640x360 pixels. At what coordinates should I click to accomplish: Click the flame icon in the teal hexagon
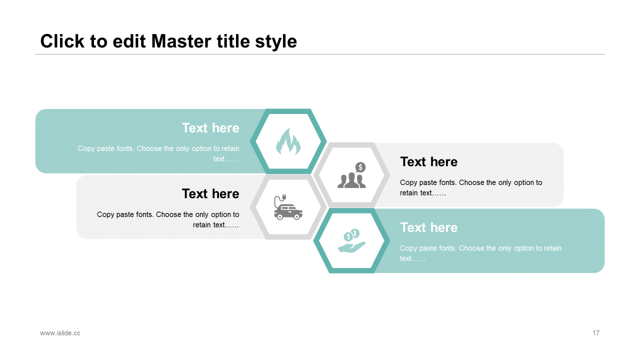coord(288,141)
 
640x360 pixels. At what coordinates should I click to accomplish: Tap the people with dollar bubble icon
coord(351,175)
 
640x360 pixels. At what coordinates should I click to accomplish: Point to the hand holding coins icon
coord(351,241)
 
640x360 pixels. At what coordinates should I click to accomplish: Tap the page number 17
coord(596,333)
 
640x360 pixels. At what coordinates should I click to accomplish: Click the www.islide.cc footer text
coord(60,333)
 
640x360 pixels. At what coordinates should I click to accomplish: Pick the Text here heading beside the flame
coord(210,128)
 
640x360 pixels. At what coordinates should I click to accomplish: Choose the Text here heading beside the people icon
coord(428,162)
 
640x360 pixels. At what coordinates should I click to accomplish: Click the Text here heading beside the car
coord(210,193)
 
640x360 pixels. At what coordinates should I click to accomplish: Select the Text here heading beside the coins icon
coord(428,227)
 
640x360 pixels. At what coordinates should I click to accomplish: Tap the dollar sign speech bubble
coord(360,167)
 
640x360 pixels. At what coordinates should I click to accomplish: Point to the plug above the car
coord(282,197)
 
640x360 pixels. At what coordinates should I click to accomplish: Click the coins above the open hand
coord(351,234)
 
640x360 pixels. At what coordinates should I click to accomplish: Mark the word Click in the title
coord(62,41)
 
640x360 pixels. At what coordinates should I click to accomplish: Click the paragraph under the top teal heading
coord(158,153)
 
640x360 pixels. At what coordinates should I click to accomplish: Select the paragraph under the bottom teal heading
coord(480,253)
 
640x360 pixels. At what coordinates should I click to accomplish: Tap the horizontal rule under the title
coord(320,54)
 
